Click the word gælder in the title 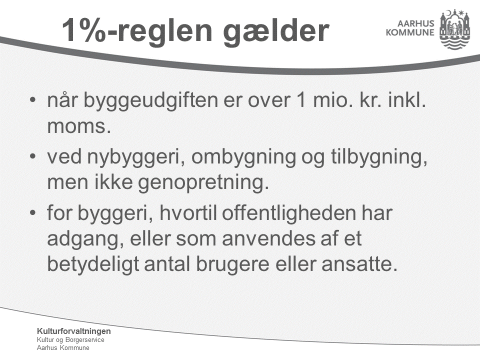pos(276,31)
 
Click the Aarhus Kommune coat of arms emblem pos(454,29)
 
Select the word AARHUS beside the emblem pos(415,23)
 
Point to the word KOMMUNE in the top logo pos(410,32)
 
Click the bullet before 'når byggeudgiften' pos(33,100)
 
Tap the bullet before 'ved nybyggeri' pos(33,156)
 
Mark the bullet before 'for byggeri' pos(33,212)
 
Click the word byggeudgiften pos(150,100)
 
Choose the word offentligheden pos(288,212)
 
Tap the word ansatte pos(359,264)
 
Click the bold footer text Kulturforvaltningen pos(74,331)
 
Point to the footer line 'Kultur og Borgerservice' pos(70,340)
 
